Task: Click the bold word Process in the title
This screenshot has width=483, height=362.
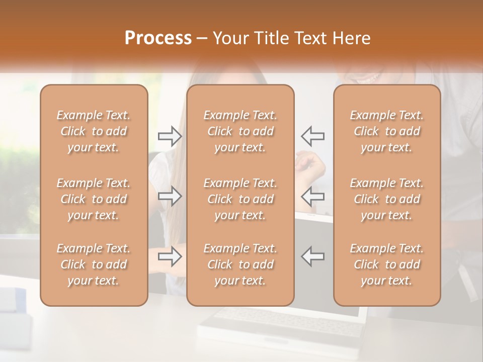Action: coord(158,38)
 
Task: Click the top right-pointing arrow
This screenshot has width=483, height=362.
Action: coord(170,135)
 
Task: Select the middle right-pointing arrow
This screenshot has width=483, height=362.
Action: coord(170,196)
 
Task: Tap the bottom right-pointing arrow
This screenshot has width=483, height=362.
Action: coord(170,256)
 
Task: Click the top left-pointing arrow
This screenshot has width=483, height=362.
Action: coord(312,135)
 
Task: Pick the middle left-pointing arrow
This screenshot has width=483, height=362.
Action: coord(312,196)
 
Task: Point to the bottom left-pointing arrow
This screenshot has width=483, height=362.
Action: coord(312,256)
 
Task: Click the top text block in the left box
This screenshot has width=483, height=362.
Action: coord(94,131)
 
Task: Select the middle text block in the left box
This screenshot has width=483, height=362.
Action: coord(94,199)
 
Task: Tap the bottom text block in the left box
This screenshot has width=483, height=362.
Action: coord(94,264)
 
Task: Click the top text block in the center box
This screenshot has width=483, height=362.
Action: coord(240,131)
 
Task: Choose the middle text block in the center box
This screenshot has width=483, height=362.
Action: coord(240,199)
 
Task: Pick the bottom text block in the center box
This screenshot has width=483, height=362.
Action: coord(240,264)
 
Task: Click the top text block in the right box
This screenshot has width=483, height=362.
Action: coord(386,131)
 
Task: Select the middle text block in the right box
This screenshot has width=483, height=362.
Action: coord(386,199)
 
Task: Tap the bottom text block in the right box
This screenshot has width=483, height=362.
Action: coord(386,264)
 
